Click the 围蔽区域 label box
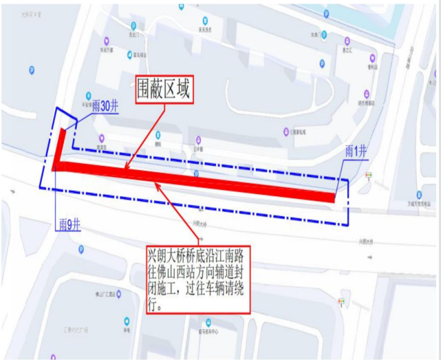pyautogui.click(x=162, y=89)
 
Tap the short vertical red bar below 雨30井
pyautogui.click(x=60, y=145)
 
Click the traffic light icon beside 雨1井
pyautogui.click(x=369, y=176)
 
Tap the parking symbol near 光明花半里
pyautogui.click(x=31, y=70)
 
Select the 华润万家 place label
pyautogui.click(x=107, y=50)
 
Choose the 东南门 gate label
pyautogui.click(x=316, y=33)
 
